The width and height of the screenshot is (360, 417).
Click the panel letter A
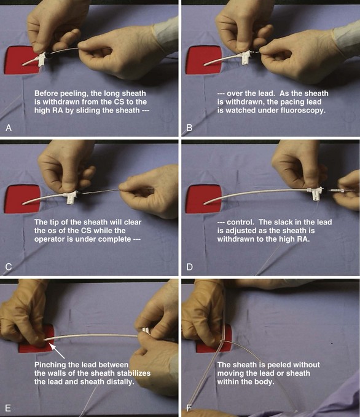click(9, 128)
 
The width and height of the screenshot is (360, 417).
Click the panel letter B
click(189, 128)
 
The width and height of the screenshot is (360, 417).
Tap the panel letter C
click(9, 267)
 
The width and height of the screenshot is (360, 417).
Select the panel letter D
click(189, 267)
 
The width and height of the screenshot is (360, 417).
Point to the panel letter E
click(8, 408)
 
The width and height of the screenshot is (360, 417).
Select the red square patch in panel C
click(22, 199)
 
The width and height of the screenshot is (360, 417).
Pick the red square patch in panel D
click(204, 199)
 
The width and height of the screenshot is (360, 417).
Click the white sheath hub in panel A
click(42, 59)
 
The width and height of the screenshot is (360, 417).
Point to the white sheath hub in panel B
click(245, 58)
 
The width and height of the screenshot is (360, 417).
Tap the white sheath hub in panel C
click(71, 198)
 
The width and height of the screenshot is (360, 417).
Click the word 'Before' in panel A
click(47, 93)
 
